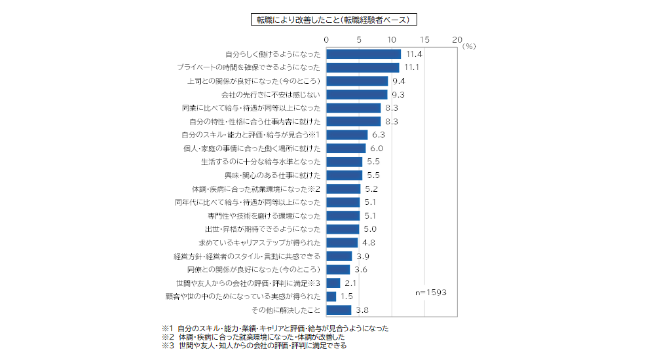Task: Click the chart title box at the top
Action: coord(333,19)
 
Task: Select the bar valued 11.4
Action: coord(364,54)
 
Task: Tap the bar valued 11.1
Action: coord(363,67)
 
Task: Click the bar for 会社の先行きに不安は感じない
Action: coord(357,94)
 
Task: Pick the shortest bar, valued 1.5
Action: coord(331,297)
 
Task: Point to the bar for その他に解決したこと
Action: coord(339,310)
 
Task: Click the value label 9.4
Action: coord(399,81)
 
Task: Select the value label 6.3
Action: coord(379,135)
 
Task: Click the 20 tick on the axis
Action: coord(457,40)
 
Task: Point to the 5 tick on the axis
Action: coord(359,40)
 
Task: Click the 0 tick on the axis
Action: coord(326,40)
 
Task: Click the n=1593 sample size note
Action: coord(431,293)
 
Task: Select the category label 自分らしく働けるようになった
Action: coord(272,54)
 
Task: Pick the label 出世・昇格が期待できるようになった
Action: coord(263,229)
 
